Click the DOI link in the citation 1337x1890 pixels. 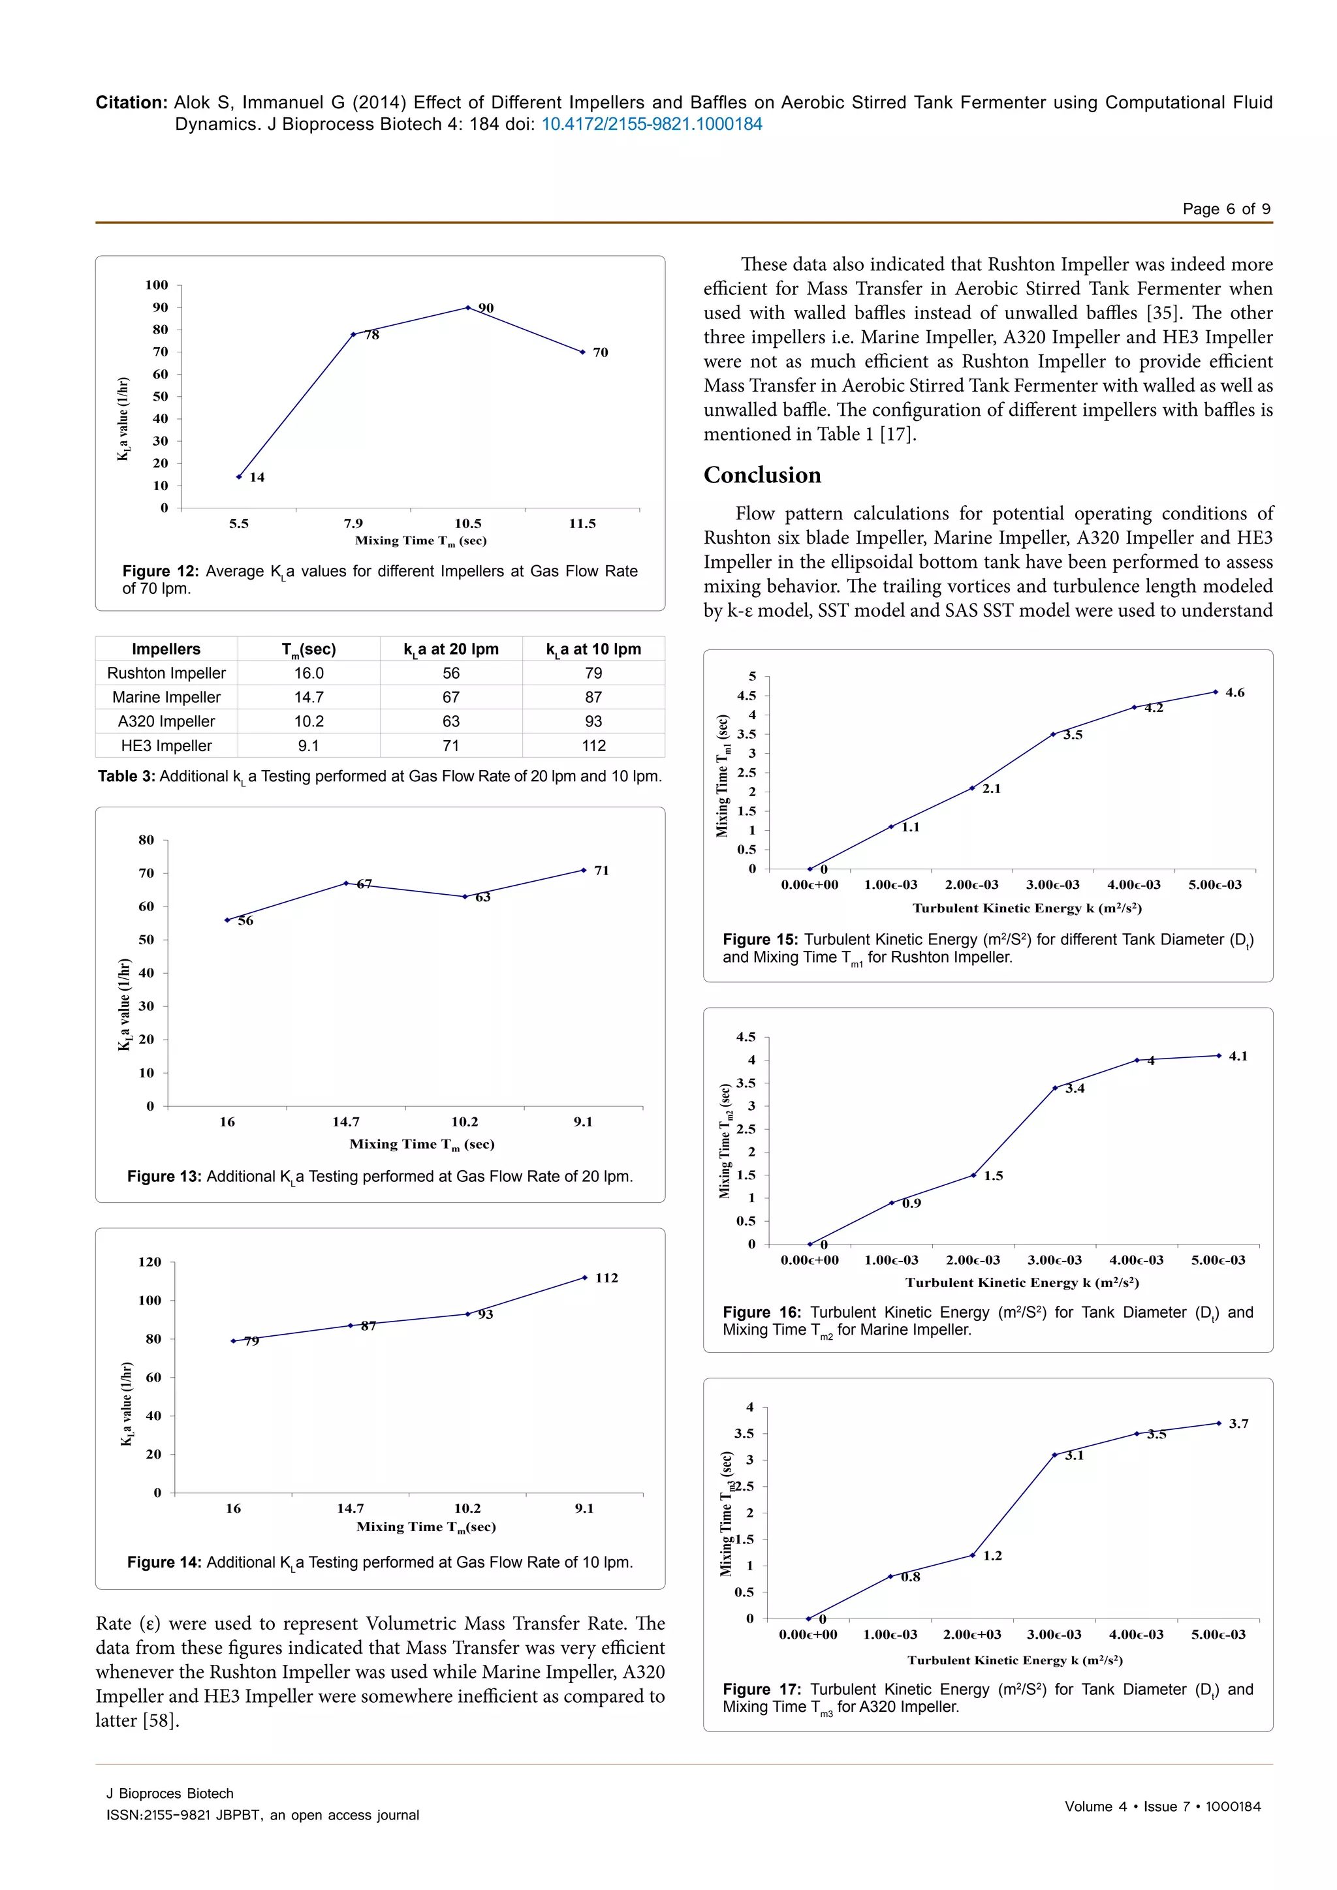click(x=652, y=124)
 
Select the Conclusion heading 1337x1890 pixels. click(x=763, y=475)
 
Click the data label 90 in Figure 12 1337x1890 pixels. click(x=486, y=308)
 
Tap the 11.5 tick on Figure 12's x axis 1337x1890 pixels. click(x=582, y=523)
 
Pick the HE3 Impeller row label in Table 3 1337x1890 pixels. click(x=166, y=746)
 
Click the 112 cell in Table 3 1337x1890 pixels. click(x=593, y=746)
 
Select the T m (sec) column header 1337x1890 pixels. click(x=309, y=649)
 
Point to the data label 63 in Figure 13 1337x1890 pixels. click(x=483, y=897)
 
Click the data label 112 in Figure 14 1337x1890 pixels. click(x=606, y=1278)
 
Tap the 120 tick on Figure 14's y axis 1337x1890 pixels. click(x=150, y=1262)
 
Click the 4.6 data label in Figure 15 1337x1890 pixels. click(x=1235, y=692)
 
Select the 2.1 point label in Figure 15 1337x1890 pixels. click(x=991, y=788)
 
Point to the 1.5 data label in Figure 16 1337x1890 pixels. click(x=994, y=1175)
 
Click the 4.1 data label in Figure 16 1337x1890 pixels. click(x=1238, y=1056)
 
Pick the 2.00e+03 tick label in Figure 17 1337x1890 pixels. click(x=972, y=1634)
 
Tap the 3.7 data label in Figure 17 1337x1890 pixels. click(x=1238, y=1423)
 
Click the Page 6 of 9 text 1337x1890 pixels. click(x=1226, y=209)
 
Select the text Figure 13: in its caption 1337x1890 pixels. click(x=164, y=1176)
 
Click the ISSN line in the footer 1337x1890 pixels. click(x=262, y=1815)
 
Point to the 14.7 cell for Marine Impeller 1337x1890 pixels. click(x=309, y=697)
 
